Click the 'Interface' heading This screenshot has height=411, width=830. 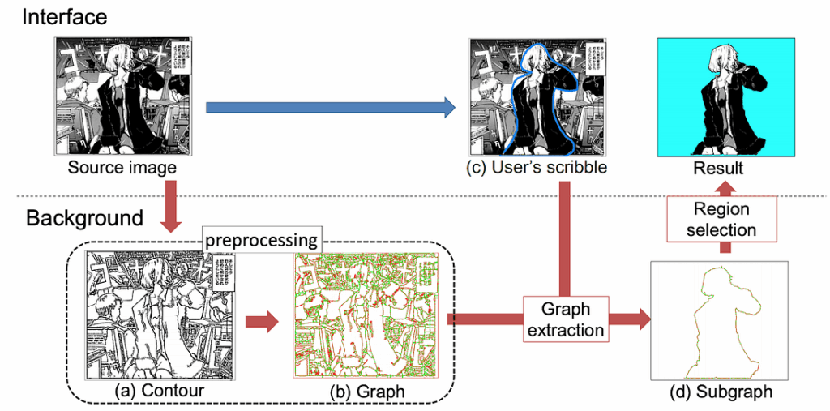(x=64, y=17)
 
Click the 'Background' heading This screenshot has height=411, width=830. (x=85, y=218)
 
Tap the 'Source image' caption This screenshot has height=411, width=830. (x=122, y=168)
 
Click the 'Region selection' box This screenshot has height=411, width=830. (x=721, y=220)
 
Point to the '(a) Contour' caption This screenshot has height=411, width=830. (x=154, y=392)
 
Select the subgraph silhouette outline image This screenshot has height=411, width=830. (x=719, y=320)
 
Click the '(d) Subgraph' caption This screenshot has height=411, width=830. (x=719, y=392)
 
